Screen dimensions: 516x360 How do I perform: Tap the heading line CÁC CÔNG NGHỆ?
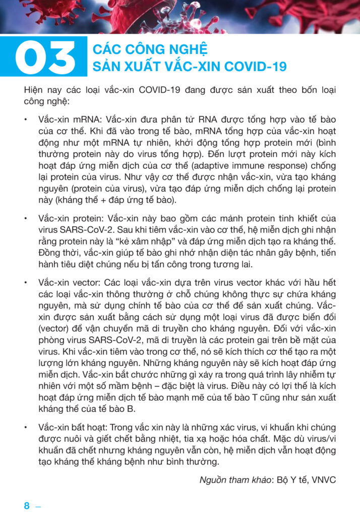[150, 49]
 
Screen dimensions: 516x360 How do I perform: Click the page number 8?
[27, 506]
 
